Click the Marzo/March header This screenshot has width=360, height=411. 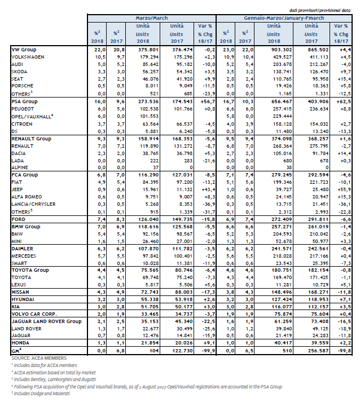point(151,18)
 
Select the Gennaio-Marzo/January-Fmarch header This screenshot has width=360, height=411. point(284,18)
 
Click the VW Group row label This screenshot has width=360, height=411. point(24,50)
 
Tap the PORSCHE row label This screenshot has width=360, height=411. point(23,86)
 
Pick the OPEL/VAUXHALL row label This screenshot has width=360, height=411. point(32,116)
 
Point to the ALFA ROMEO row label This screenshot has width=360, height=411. point(27,197)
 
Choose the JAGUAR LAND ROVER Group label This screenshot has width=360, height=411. point(46,321)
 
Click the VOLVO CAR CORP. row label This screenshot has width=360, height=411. point(34,314)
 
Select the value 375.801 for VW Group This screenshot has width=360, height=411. point(148,50)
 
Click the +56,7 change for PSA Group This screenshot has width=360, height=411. point(208,101)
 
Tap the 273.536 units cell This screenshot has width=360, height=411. point(148,101)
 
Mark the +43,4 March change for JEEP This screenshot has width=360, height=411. point(208,189)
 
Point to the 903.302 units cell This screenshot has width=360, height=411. point(282,50)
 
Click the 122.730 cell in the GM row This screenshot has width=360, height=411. point(182,351)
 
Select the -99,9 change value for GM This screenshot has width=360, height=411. point(208,351)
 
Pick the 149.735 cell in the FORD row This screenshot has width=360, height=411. point(182,219)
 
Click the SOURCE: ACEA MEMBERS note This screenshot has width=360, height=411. point(39,358)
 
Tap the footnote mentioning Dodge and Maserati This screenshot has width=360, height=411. point(41,394)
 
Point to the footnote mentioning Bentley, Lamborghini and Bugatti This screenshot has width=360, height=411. point(54,379)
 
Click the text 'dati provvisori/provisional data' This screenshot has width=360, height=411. point(320,11)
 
